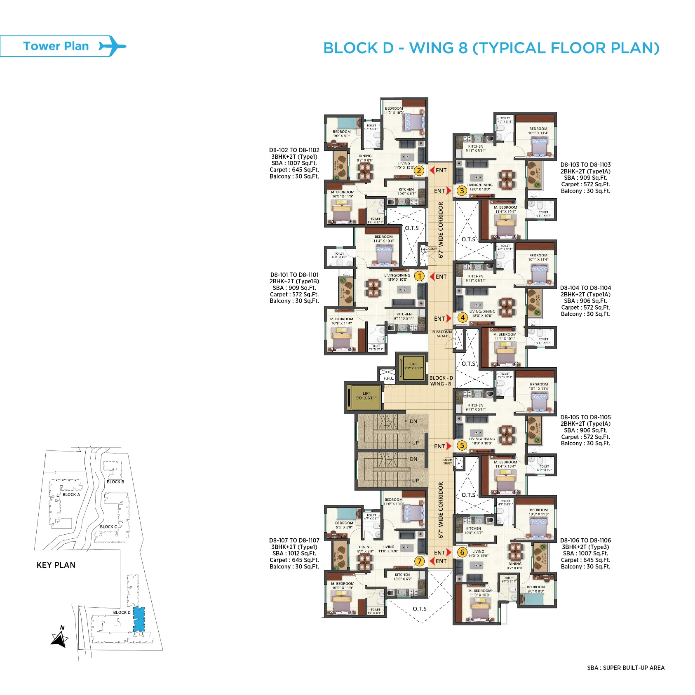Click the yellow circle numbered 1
[419, 276]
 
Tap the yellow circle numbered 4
[463, 317]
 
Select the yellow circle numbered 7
[419, 561]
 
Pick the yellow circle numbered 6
[462, 552]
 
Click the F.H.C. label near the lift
[388, 378]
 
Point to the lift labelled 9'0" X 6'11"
[366, 396]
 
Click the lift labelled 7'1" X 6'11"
[413, 366]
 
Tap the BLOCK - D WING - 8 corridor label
[441, 381]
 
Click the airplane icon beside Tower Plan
[112, 46]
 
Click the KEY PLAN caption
[56, 565]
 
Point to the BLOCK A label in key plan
[71, 495]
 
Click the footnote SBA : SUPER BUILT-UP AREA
[625, 668]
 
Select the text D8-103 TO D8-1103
[585, 165]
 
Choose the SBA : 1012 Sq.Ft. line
[294, 554]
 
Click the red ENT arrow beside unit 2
[432, 170]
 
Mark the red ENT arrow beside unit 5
[449, 446]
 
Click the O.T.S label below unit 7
[420, 609]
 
